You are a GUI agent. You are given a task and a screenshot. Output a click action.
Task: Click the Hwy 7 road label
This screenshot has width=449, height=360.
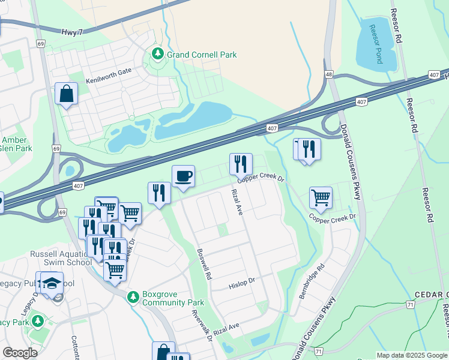[72, 32]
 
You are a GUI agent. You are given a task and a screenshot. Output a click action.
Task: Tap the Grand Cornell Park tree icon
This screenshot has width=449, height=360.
[158, 55]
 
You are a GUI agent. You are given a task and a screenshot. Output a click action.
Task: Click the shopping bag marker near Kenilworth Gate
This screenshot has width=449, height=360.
[66, 94]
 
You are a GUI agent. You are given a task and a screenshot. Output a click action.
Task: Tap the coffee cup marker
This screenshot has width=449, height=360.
[183, 176]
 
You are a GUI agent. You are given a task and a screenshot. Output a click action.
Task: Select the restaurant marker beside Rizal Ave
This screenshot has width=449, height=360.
[240, 164]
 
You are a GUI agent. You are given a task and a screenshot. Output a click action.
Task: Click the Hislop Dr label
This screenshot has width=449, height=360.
[242, 283]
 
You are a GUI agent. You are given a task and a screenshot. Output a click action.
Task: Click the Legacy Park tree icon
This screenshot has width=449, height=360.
[39, 322]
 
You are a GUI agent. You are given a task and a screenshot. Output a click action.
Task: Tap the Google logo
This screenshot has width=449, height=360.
[20, 353]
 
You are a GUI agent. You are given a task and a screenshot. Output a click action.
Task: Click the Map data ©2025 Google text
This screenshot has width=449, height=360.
[411, 355]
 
